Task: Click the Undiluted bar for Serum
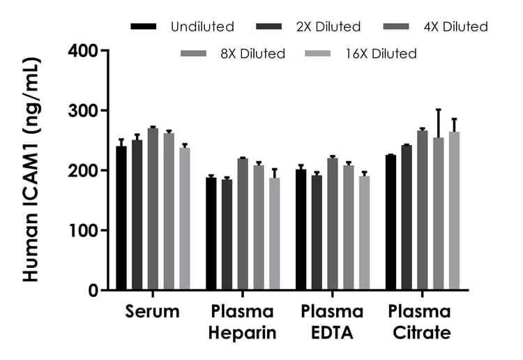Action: [x=121, y=218]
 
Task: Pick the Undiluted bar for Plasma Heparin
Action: [x=211, y=234]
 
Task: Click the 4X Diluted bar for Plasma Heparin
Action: [x=243, y=224]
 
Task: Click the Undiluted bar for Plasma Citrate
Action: [x=391, y=223]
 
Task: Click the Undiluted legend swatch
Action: [x=144, y=27]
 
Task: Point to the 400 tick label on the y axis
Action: [x=83, y=51]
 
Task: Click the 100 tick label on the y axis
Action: [x=83, y=230]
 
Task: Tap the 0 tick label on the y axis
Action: [x=93, y=290]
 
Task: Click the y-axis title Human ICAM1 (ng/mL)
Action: [x=31, y=170]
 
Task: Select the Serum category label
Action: [x=153, y=312]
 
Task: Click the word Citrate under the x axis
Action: [x=420, y=333]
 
